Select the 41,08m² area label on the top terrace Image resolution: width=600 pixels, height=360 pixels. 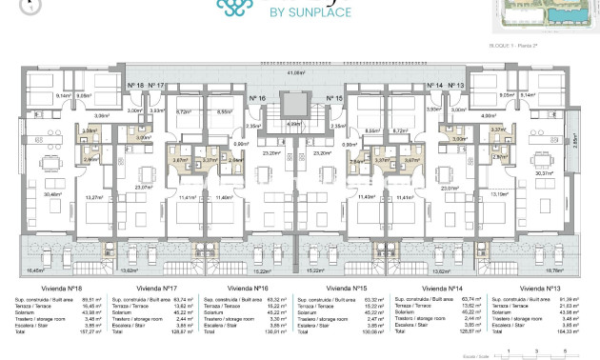pyautogui.click(x=303, y=71)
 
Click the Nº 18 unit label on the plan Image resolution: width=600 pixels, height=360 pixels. pyautogui.click(x=135, y=86)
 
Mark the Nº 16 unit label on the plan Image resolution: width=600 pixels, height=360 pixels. pyautogui.click(x=257, y=98)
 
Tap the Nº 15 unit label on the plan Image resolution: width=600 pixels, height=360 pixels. pyautogui.click(x=334, y=98)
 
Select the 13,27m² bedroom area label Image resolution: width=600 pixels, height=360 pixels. pyautogui.click(x=93, y=197)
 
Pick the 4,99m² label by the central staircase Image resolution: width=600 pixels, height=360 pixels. pyautogui.click(x=295, y=123)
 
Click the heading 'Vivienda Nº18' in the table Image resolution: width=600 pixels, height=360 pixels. pyautogui.click(x=35, y=287)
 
